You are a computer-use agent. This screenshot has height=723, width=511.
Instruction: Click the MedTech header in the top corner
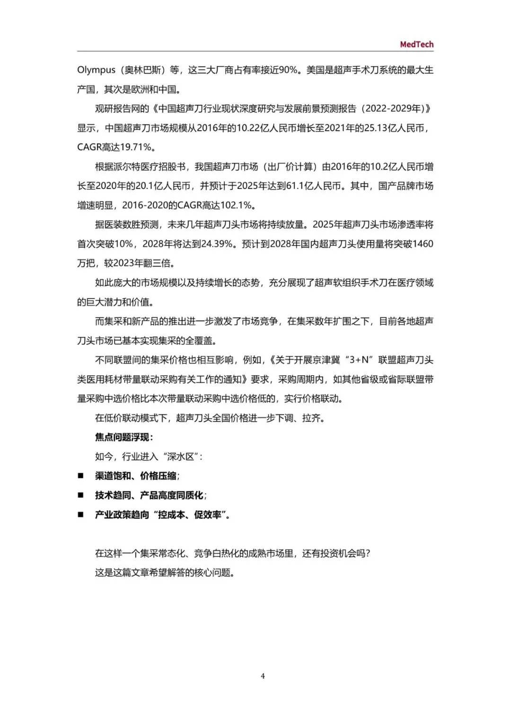pos(416,44)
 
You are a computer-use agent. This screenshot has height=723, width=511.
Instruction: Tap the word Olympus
pos(96,70)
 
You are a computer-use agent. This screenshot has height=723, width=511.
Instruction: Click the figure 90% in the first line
pos(288,70)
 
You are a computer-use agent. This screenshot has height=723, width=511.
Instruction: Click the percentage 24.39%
pos(217,244)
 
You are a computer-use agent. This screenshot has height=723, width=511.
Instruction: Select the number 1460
pos(423,244)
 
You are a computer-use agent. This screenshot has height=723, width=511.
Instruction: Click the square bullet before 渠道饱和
pos(80,476)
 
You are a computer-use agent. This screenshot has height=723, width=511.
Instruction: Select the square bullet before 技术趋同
pos(80,495)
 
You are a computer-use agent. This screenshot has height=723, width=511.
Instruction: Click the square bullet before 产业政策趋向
pos(80,515)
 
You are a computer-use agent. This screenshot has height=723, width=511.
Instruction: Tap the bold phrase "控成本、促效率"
pos(190,515)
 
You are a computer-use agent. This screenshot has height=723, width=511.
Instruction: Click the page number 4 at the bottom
pos(263,676)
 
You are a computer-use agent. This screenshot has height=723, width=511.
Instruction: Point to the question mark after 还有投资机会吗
pos(368,553)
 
